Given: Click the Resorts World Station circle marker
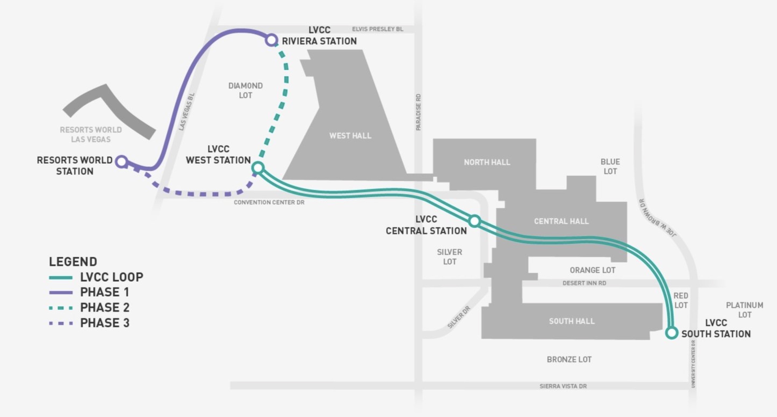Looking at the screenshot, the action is point(122,161).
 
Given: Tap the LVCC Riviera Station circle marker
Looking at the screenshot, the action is point(271,40).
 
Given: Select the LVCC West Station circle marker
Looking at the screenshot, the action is point(258,168).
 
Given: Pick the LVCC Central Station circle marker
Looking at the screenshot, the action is point(474,221).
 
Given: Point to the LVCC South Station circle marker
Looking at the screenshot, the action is point(672,333).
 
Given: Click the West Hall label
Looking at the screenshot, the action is point(350,136).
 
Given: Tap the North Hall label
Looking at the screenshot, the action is point(487,162).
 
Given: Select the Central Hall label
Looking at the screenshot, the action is point(561,221).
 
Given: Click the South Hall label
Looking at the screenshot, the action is point(572,321).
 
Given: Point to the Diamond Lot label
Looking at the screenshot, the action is point(245,90).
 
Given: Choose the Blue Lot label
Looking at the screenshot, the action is point(610,167).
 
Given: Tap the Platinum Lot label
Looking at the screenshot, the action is point(744,310).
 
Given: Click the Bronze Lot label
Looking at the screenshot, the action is point(569,359).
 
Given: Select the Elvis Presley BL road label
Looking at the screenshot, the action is point(377,29).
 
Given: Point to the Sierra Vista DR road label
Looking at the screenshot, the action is point(563,386).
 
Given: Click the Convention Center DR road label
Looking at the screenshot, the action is point(269,202).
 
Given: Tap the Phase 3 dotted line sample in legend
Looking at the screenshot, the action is point(61,323).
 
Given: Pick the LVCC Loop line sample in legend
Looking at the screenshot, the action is point(61,277).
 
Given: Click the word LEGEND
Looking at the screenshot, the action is point(73,262).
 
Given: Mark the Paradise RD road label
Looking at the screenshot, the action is point(418,112).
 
